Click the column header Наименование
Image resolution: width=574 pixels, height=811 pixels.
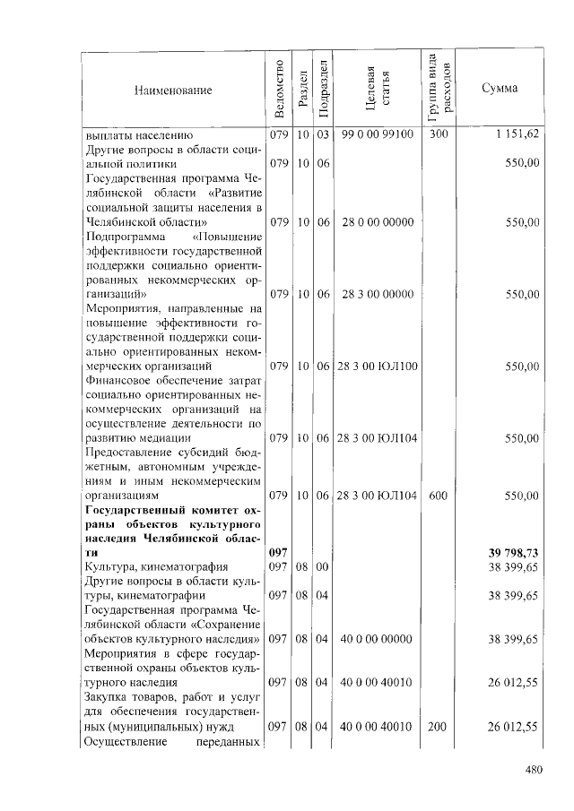[x=173, y=90]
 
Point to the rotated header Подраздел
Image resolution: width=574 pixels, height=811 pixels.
[x=324, y=90]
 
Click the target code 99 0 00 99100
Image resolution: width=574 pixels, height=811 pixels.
[x=377, y=134]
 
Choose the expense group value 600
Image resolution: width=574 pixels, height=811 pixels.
[x=438, y=495]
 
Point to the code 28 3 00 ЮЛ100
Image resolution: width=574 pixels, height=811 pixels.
[x=377, y=366]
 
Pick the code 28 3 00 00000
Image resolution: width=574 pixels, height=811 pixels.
[x=377, y=294]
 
